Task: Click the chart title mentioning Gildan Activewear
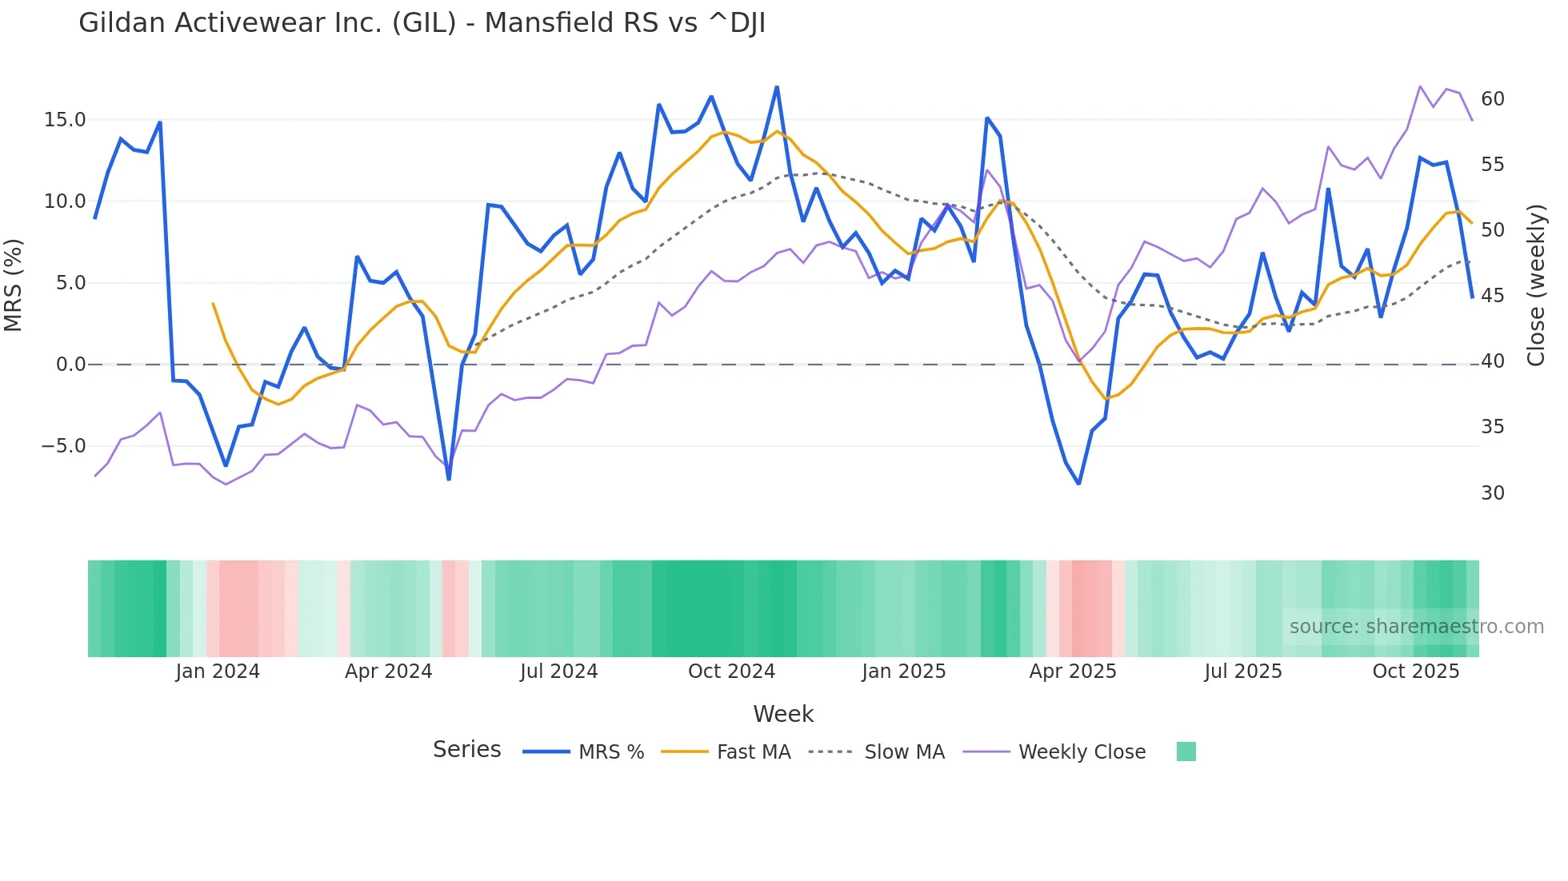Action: (x=422, y=23)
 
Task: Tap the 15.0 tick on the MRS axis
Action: (x=64, y=120)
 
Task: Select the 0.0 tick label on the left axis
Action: (x=70, y=365)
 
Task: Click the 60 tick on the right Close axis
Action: (x=1493, y=99)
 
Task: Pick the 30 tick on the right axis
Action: (x=1493, y=493)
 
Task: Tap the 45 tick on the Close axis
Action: (x=1493, y=296)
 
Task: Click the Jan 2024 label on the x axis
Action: (x=218, y=672)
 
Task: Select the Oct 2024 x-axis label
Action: (x=731, y=672)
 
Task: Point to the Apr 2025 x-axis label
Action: (x=1072, y=672)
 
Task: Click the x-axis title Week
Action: (x=783, y=714)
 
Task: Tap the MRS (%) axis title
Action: (x=14, y=285)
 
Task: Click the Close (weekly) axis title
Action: (x=1536, y=285)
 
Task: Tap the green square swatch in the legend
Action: (x=1186, y=751)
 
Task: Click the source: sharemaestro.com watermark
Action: (x=1416, y=627)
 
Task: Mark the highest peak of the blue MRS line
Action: (x=777, y=86)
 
